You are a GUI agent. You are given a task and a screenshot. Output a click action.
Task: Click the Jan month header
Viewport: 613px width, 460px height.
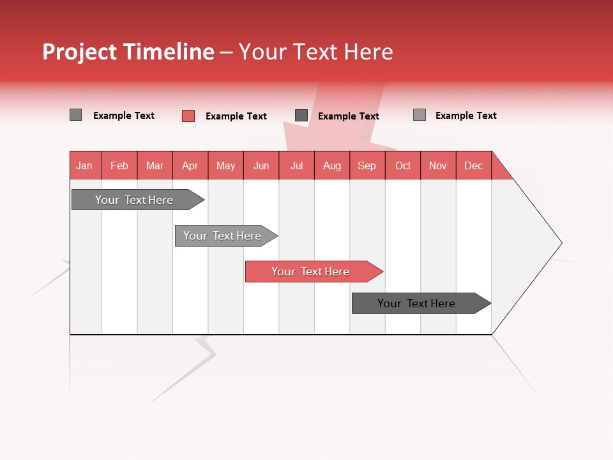point(84,165)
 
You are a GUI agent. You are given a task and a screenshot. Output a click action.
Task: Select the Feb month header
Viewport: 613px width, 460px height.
point(119,165)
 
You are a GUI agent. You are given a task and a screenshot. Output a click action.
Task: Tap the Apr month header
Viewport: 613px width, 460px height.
point(190,165)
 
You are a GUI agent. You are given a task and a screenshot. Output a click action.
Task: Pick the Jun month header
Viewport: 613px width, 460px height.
point(261,165)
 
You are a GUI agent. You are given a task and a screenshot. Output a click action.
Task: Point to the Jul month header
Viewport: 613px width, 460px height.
point(296,165)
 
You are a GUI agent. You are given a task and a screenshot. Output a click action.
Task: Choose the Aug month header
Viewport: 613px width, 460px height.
point(332,165)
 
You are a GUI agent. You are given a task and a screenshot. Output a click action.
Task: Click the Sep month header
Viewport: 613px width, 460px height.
point(367,165)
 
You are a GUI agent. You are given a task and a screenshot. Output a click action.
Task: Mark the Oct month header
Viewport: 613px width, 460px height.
point(403,165)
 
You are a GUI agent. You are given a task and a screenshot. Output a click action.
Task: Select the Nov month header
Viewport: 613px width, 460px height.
point(438,165)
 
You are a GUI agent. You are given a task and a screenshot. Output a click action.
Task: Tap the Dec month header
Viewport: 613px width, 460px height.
point(474,165)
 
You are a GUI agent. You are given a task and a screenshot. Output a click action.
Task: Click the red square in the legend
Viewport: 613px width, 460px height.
point(188,116)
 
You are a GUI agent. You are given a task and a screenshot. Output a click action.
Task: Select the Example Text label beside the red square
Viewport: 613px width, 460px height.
point(236,116)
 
